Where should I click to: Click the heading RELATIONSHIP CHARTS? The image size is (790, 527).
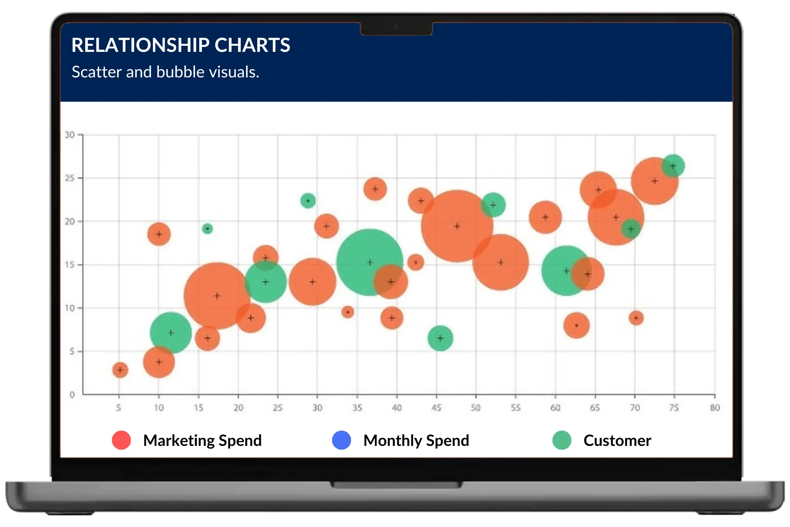[181, 45]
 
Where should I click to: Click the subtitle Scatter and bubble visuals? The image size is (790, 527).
[165, 72]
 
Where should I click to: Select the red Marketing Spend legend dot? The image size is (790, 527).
[121, 440]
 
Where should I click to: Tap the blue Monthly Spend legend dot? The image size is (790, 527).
[342, 440]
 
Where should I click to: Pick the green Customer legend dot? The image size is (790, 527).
[562, 440]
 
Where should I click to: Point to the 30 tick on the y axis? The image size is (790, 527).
[70, 135]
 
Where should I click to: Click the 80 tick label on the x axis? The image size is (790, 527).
[715, 408]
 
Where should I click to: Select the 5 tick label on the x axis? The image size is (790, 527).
[118, 408]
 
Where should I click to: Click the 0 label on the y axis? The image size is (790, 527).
[72, 395]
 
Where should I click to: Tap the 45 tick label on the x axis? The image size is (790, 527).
[436, 408]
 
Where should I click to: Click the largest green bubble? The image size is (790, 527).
[369, 262]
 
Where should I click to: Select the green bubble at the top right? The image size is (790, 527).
[673, 166]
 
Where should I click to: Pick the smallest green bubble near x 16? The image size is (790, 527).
[207, 229]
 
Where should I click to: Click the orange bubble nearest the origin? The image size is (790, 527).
[120, 370]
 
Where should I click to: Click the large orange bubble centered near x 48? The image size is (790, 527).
[457, 226]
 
